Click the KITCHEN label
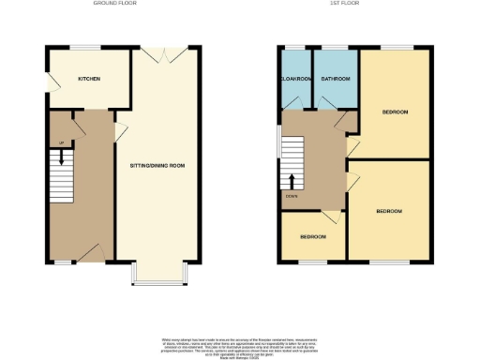pos(89,79)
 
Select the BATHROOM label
pos(335,79)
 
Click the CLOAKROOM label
pos(295,79)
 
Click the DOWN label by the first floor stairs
pos(293,196)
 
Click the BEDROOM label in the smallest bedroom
pos(313,236)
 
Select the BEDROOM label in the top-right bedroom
pos(395,112)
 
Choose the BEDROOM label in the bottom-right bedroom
pos(389,212)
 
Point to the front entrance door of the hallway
pos(90,250)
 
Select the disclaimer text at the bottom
pos(239,344)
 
